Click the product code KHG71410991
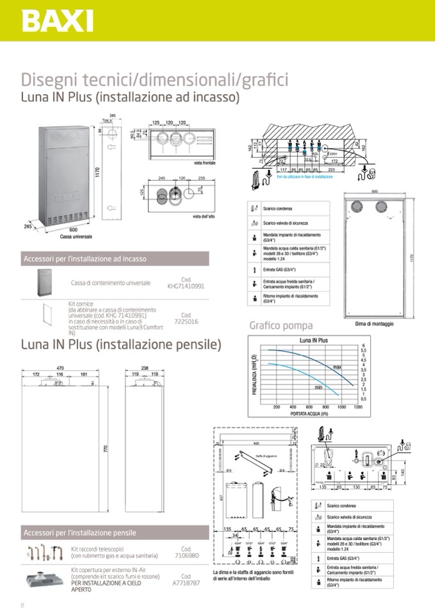point(185,286)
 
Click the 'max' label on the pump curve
point(337,366)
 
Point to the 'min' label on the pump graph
point(318,387)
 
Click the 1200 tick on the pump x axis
point(358,407)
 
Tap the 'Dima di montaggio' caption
point(374,324)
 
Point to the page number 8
point(22,604)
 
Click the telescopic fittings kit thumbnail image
point(44,552)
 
